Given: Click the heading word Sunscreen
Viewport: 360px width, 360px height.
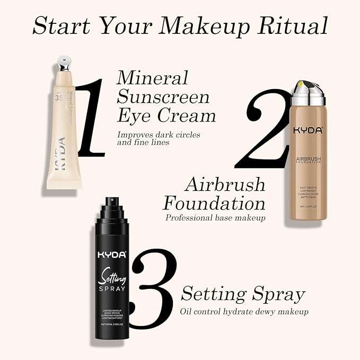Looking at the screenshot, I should [x=163, y=96].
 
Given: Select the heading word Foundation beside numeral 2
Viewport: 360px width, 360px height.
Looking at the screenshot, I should [x=214, y=203].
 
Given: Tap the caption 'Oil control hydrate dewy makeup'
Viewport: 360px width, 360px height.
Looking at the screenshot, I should [x=244, y=311].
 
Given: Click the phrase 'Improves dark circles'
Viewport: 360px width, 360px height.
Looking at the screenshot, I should [x=159, y=134].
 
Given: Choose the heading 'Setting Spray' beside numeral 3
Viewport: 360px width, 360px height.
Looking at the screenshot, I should [x=243, y=294].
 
